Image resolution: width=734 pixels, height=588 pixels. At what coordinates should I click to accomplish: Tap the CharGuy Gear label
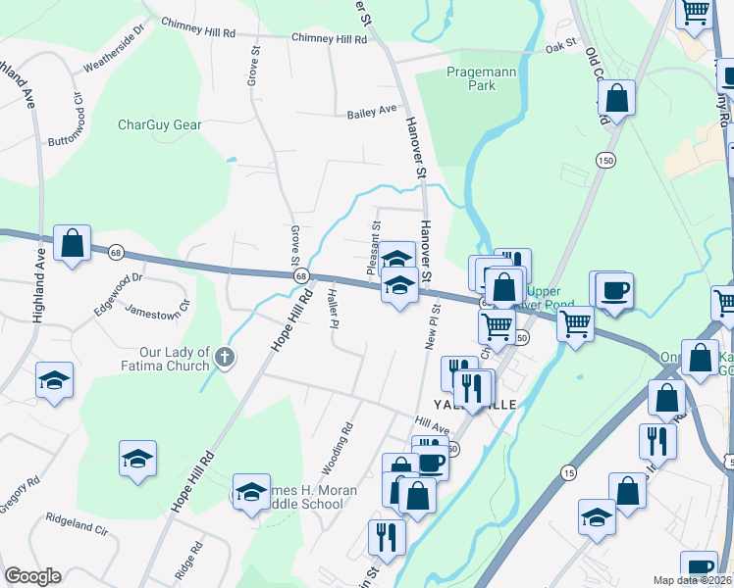tap(159, 124)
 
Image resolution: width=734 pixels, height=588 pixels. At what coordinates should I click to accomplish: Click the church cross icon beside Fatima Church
tap(225, 357)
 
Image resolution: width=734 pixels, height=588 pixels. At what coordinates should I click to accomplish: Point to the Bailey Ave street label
tap(372, 113)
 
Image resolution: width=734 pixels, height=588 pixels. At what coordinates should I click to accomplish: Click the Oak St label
tap(560, 45)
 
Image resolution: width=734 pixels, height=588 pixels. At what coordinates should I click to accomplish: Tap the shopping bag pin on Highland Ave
tap(73, 243)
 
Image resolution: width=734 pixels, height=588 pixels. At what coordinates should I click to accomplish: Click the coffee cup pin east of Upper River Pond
tap(614, 291)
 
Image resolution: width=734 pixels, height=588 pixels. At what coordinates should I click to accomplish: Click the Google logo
tap(32, 576)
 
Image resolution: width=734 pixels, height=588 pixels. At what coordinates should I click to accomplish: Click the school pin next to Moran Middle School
tap(251, 492)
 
